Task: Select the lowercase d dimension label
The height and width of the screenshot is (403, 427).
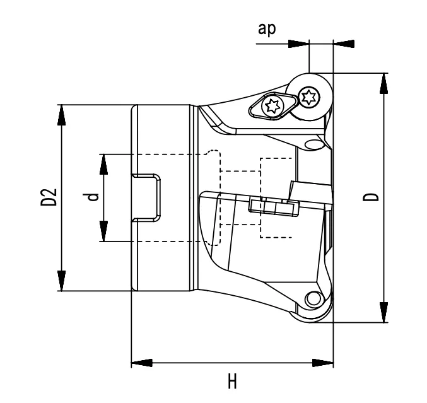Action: click(93, 197)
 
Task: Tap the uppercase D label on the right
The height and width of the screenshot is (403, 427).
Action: click(375, 197)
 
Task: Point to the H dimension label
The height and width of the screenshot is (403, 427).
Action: click(232, 382)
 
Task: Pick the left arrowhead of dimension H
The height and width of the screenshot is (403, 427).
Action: click(142, 363)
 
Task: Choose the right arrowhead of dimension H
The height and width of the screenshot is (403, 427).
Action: click(322, 363)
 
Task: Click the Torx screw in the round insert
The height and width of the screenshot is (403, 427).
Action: click(310, 96)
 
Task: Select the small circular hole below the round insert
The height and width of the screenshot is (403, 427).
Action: click(312, 145)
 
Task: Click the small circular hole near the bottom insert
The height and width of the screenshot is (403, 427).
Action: click(311, 298)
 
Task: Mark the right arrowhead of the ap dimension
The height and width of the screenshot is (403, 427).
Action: click(344, 44)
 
